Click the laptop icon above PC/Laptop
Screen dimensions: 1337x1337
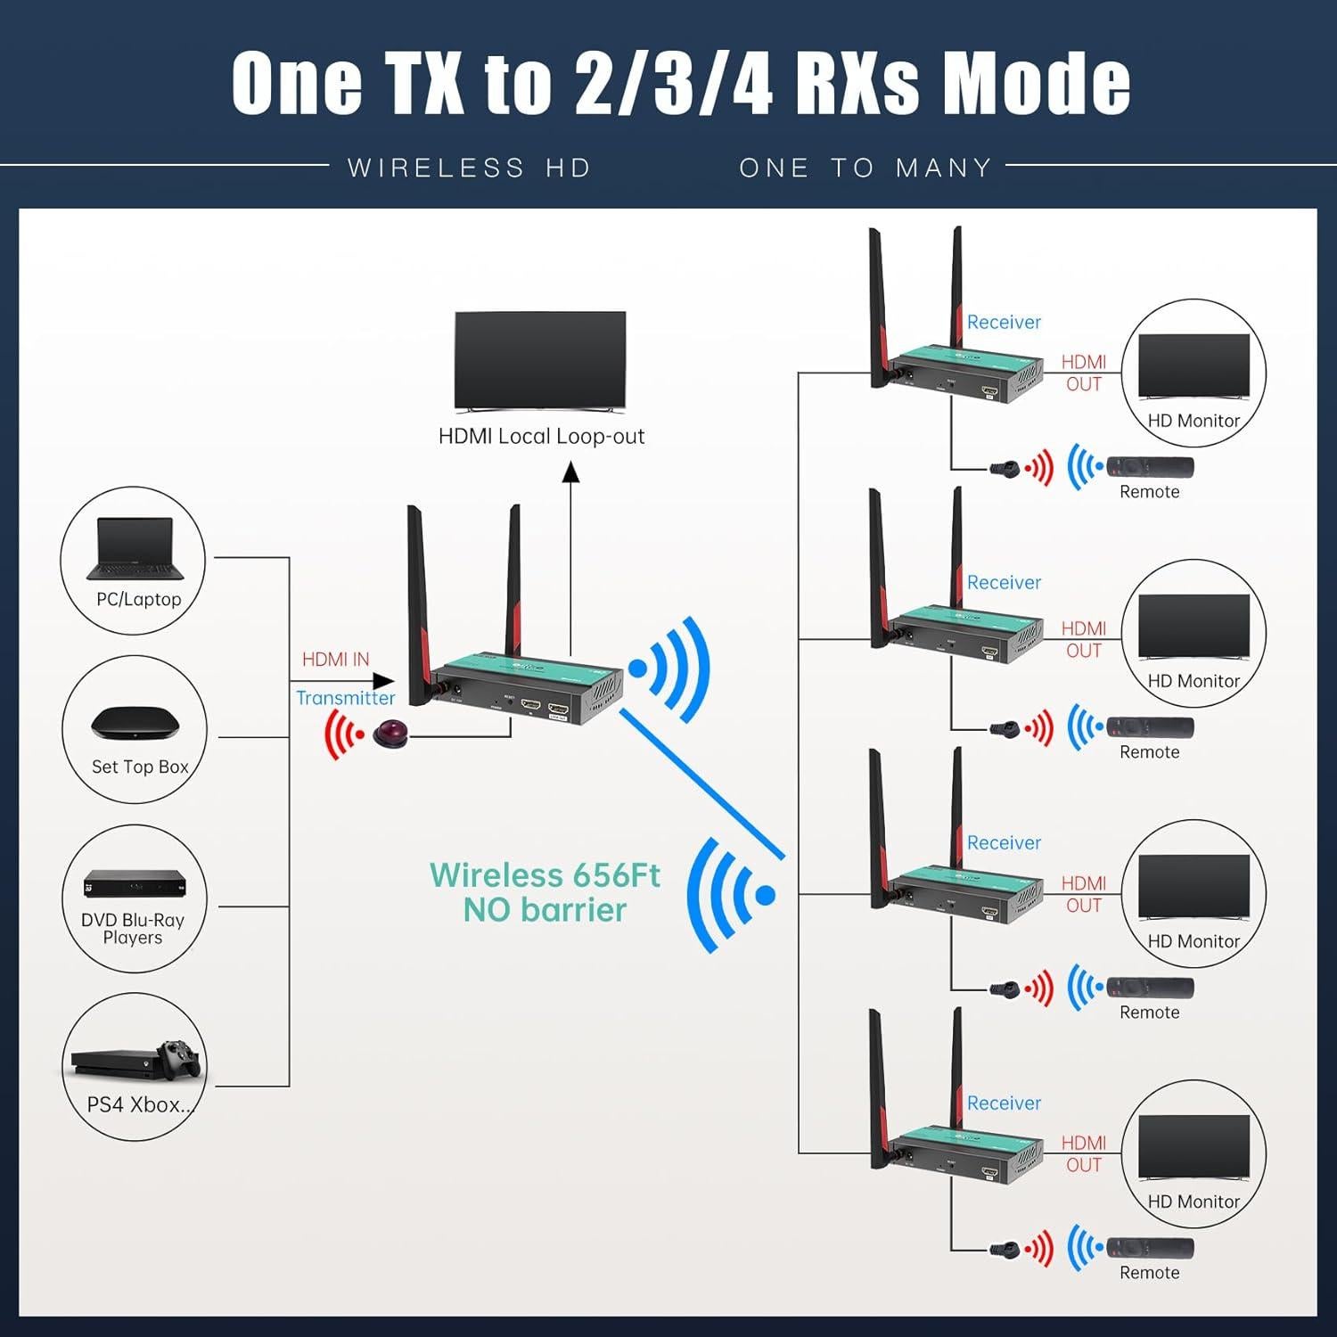click(x=135, y=548)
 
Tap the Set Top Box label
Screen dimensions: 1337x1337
click(x=140, y=767)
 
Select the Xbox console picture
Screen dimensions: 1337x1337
click(x=135, y=1060)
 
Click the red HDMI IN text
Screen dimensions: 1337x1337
click(x=335, y=660)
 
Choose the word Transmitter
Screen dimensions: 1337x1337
click(x=345, y=698)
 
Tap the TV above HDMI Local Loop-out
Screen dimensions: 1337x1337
click(x=540, y=361)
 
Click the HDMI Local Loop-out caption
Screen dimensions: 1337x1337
click(x=541, y=437)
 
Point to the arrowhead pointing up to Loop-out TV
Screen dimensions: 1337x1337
click(x=570, y=472)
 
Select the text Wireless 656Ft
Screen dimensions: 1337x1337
click(x=545, y=875)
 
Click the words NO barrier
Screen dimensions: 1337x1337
click(x=545, y=910)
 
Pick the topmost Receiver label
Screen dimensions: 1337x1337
click(x=1004, y=323)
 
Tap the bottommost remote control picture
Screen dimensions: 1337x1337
click(x=1150, y=1248)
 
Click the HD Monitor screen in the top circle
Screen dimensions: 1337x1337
click(x=1193, y=365)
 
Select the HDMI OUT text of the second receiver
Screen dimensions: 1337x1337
click(x=1084, y=640)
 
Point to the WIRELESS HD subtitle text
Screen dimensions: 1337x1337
click(x=470, y=168)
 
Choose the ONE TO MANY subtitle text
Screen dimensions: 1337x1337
click(x=865, y=168)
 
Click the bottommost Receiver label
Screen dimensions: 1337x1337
click(x=1004, y=1103)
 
